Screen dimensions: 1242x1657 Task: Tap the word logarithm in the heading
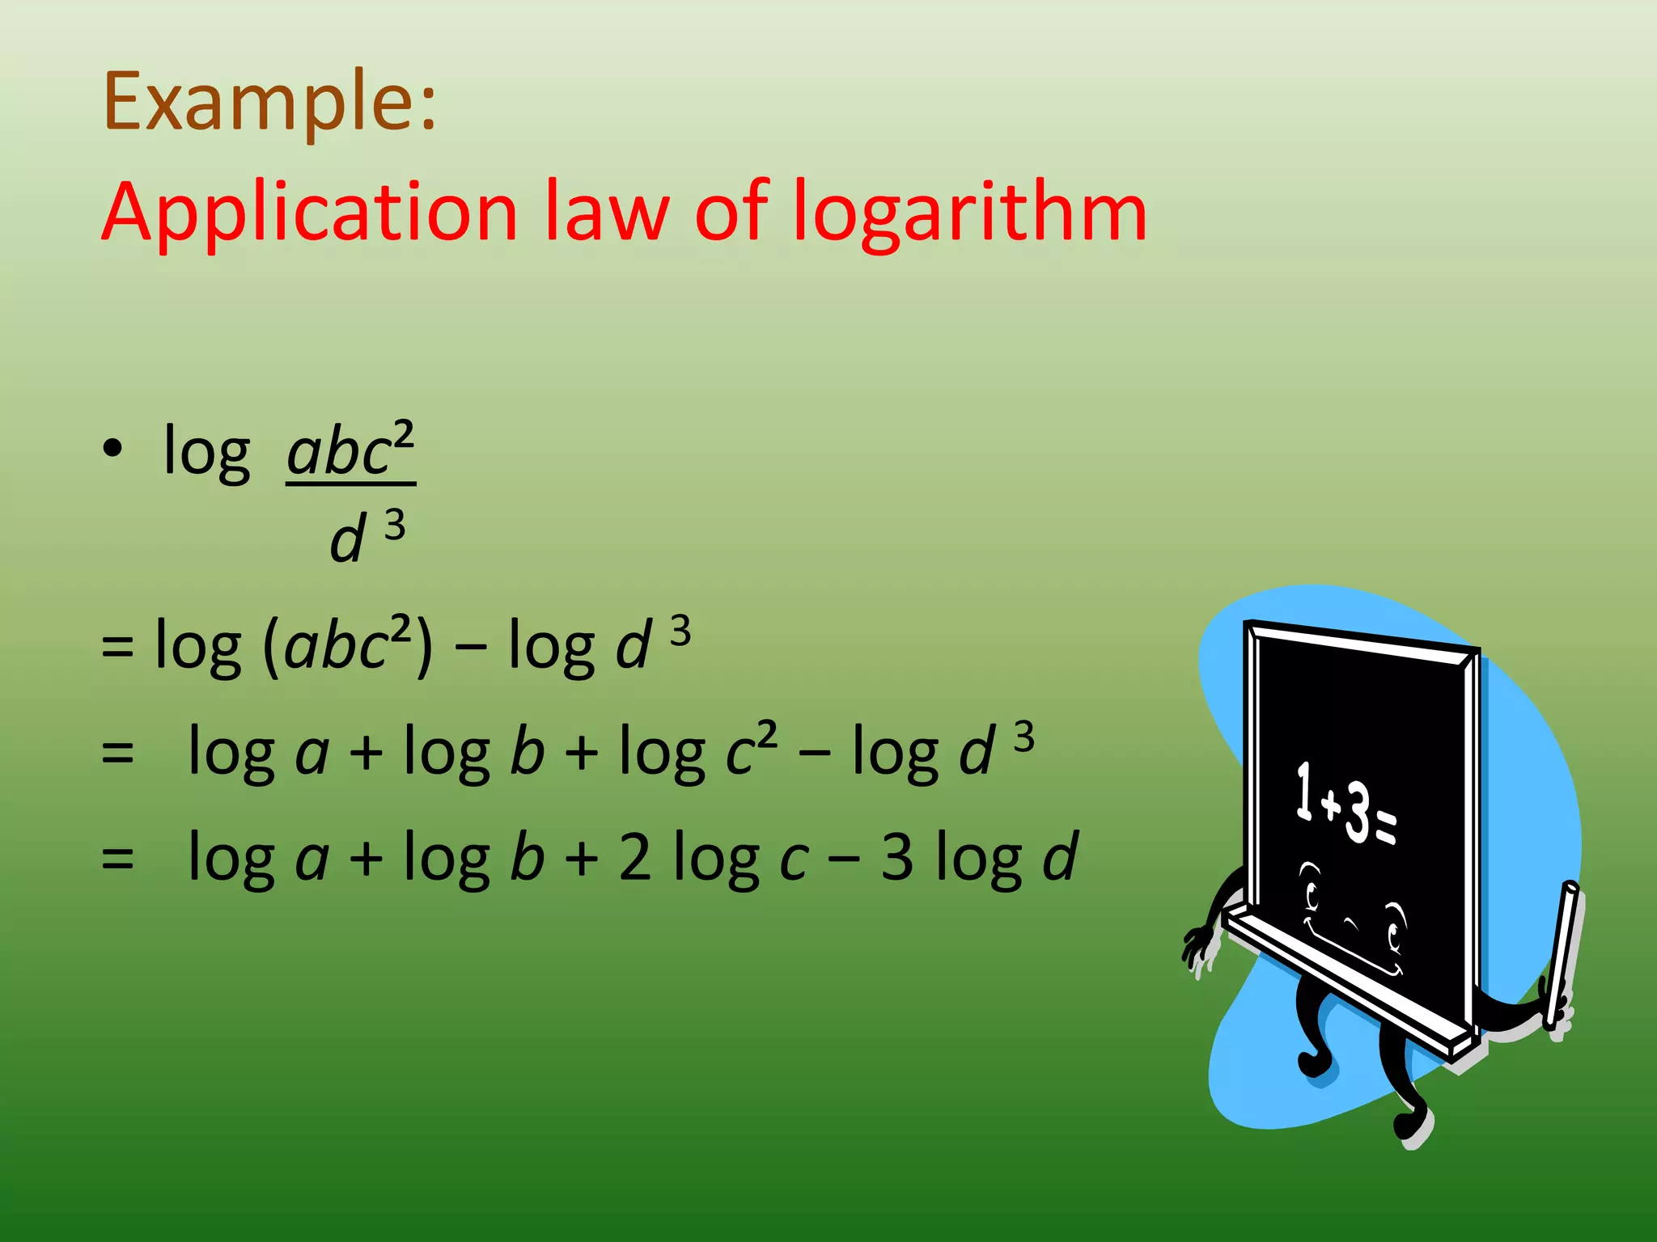click(968, 212)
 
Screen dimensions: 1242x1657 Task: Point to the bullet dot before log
click(112, 448)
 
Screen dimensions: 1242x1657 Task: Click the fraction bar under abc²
click(350, 484)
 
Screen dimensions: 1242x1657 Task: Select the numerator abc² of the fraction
click(350, 450)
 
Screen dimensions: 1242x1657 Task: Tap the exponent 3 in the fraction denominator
click(394, 526)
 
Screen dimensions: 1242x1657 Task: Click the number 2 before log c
click(635, 857)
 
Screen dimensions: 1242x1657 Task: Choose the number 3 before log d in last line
click(897, 857)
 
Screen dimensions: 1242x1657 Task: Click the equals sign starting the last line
click(117, 859)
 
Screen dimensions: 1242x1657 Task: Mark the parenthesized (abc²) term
click(348, 645)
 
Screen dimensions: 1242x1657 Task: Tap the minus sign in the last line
click(844, 859)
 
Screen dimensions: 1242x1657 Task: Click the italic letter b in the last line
click(527, 857)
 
